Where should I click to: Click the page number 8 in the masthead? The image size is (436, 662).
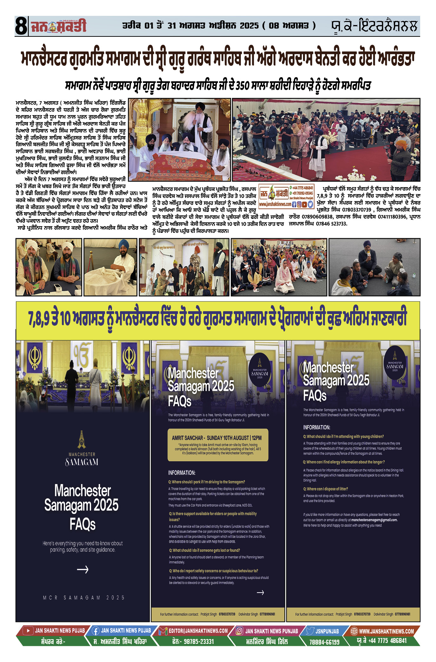click(x=21, y=26)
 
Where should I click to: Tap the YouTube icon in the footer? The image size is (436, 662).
click(x=28, y=631)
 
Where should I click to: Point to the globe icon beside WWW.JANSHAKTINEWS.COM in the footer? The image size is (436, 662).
click(x=354, y=631)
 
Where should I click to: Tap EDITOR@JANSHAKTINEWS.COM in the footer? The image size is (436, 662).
click(x=198, y=631)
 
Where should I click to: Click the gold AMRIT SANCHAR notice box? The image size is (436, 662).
click(x=218, y=445)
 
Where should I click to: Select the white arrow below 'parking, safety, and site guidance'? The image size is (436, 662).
click(x=83, y=569)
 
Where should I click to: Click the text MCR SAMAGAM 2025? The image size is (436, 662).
click(x=84, y=598)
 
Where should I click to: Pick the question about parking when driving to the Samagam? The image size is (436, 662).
click(x=207, y=482)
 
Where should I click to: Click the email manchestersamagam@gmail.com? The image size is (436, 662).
click(x=374, y=520)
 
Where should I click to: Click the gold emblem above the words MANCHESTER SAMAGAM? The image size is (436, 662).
click(x=82, y=439)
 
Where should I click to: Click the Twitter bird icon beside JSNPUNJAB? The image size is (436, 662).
click(x=310, y=631)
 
